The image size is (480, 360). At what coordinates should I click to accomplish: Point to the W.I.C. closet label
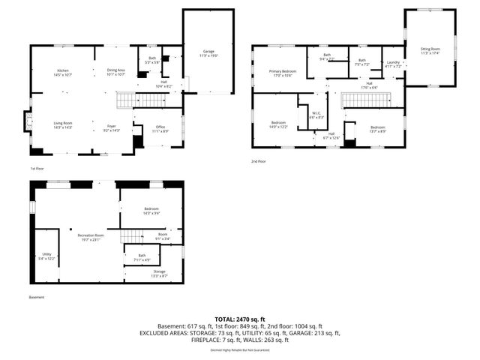pos(316,115)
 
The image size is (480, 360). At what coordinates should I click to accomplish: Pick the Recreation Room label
pos(90,237)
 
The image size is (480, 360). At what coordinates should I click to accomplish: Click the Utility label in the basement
pos(46,256)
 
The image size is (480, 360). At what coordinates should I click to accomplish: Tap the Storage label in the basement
pos(158,273)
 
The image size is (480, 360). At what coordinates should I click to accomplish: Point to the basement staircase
pos(131,237)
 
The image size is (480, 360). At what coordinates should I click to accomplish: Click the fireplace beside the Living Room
pos(28,121)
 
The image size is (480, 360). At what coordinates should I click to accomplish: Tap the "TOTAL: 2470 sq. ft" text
pos(239,319)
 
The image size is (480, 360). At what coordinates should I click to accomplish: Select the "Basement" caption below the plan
pos(37,298)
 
